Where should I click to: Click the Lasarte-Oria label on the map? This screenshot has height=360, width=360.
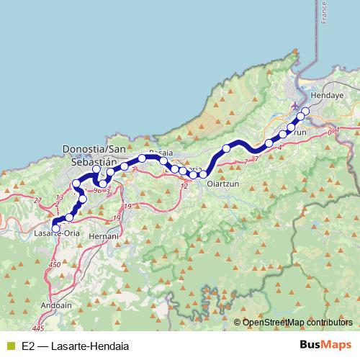pyautogui.click(x=57, y=233)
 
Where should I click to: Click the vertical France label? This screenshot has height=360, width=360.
pyautogui.click(x=325, y=14)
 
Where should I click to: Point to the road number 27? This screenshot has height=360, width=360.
pyautogui.click(x=37, y=200)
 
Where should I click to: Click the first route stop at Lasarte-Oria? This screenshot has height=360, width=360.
pyautogui.click(x=56, y=228)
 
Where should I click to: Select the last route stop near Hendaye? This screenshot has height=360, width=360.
pyautogui.click(x=305, y=111)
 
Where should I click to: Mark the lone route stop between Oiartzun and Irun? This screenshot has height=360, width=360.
pyautogui.click(x=226, y=148)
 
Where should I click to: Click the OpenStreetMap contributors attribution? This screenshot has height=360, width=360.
pyautogui.click(x=297, y=323)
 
